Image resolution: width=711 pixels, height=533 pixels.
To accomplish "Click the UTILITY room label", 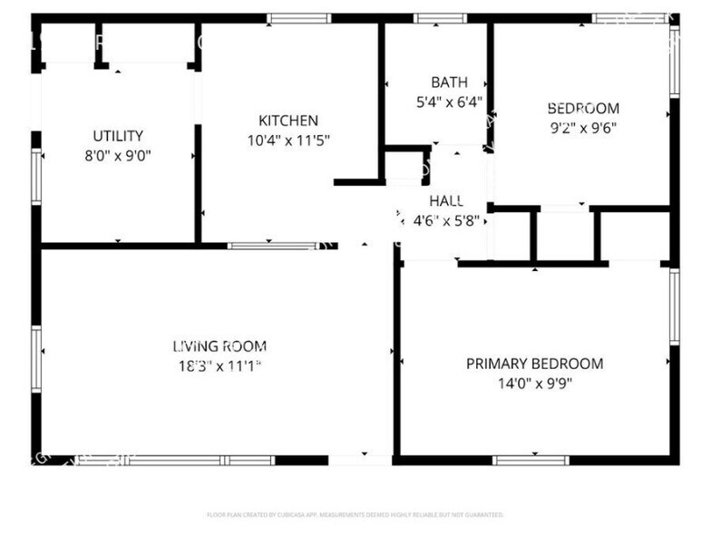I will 118,136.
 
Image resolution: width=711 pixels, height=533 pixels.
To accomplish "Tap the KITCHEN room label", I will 288,121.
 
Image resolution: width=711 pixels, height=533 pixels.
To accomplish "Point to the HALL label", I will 447,200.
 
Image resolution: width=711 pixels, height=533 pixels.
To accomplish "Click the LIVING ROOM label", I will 219,345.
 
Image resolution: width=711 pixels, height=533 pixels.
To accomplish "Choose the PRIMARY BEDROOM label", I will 534,363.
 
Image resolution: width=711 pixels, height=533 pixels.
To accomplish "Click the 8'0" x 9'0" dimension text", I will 118,155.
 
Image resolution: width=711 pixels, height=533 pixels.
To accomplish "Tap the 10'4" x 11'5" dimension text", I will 288,140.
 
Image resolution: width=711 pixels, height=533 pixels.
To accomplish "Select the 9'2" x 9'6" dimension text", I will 583,127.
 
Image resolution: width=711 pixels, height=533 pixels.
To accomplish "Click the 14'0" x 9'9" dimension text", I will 534,383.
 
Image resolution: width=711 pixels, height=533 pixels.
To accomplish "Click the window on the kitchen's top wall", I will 299,18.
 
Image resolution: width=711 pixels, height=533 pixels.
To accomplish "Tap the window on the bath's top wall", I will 441,18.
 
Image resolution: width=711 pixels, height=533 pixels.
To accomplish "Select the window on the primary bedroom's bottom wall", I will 531,460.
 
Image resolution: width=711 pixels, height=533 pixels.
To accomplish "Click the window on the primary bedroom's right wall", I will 674,306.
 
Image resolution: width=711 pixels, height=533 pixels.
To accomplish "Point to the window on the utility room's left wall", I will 36,176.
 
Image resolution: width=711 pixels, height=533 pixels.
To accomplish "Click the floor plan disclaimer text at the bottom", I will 355,515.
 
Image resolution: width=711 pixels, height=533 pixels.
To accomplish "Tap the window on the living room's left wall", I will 36,358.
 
